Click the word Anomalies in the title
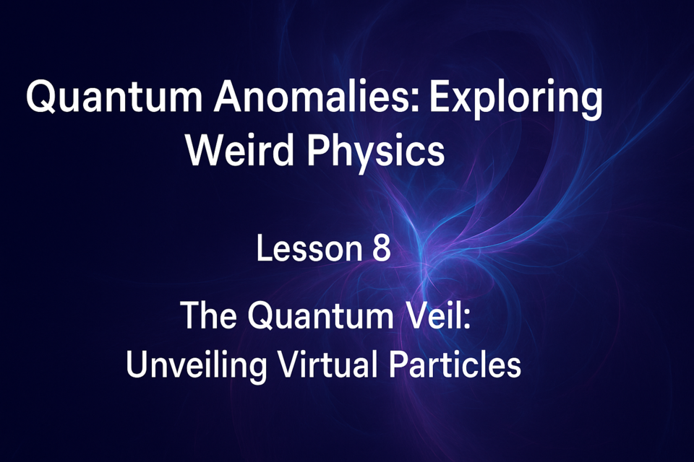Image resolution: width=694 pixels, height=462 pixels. coord(316,96)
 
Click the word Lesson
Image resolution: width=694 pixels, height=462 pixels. coord(309,248)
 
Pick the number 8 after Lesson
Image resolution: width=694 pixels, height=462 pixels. coord(381,248)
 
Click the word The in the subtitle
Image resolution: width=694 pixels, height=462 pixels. coord(208,315)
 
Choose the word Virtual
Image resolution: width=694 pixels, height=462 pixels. coord(327,364)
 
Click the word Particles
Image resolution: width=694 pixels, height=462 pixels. coord(455,364)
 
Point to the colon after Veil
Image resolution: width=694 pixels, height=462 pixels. coord(466,319)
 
